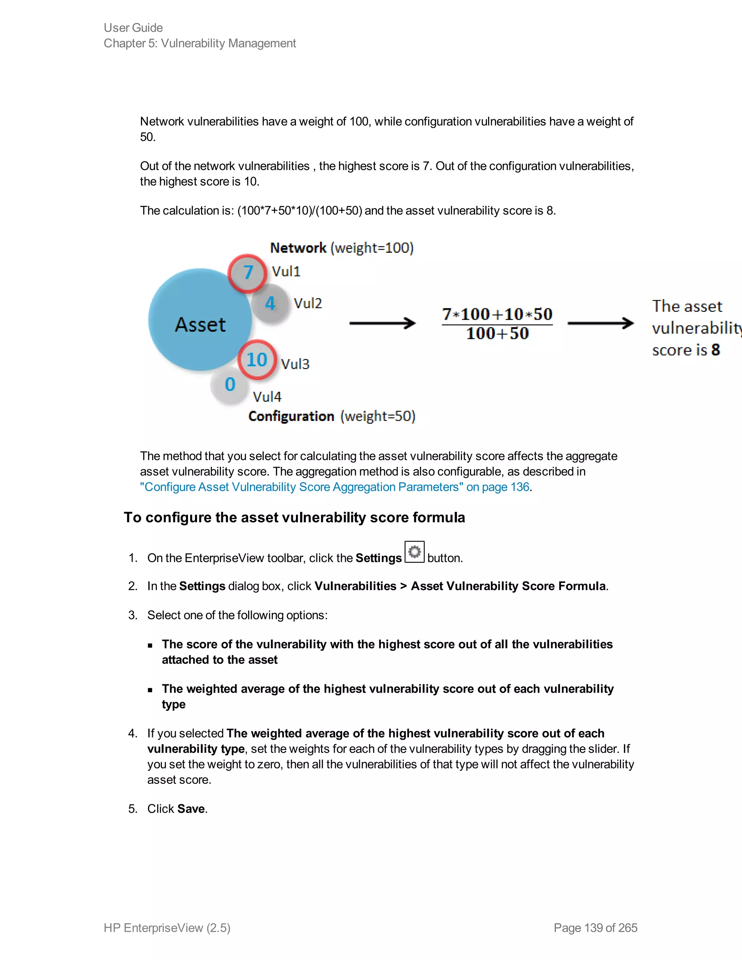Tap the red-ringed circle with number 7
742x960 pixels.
[x=247, y=273]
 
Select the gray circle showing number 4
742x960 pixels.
[x=270, y=303]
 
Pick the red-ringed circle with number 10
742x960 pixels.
[x=257, y=360]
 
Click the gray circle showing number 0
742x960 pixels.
[x=230, y=385]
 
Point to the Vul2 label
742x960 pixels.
[x=308, y=303]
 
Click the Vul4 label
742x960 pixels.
[x=267, y=397]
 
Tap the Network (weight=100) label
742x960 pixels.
[x=342, y=248]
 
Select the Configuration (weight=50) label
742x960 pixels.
[x=332, y=416]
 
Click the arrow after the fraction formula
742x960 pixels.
[x=600, y=324]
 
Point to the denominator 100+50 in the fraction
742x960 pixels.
[x=497, y=334]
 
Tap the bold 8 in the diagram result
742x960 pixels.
[x=716, y=350]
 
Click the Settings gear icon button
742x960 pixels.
[x=414, y=552]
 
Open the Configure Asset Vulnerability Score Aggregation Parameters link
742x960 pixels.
[x=334, y=487]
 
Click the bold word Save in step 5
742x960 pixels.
[x=191, y=809]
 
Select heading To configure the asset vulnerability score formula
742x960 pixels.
[x=294, y=517]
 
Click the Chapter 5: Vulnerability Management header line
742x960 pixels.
[x=200, y=43]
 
